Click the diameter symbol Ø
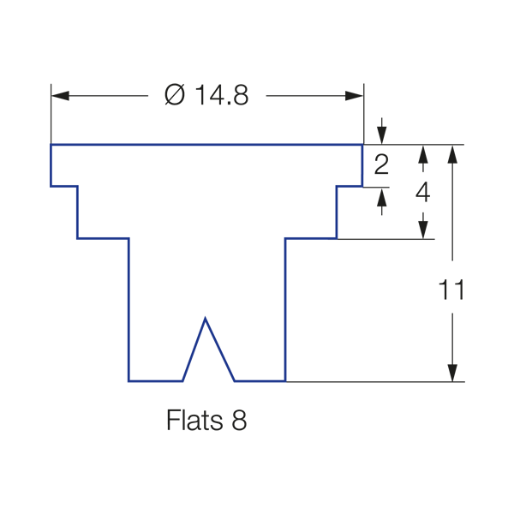[174, 95]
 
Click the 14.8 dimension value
[220, 95]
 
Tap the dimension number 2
[382, 164]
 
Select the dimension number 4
[422, 192]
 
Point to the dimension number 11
[451, 290]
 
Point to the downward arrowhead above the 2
[382, 137]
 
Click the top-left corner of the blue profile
[51, 145]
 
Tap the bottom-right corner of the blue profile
[284, 380]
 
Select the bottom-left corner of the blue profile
[128, 380]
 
